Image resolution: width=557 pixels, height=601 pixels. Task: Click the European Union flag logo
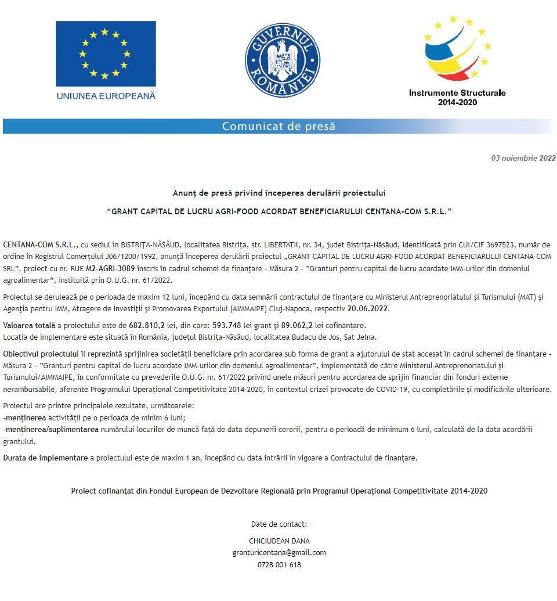106,53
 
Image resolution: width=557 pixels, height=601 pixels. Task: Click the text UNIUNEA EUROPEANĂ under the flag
106,96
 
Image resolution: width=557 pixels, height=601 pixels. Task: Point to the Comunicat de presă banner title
278,126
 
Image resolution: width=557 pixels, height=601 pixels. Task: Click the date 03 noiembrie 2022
523,158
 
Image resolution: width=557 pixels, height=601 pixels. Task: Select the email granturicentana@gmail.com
279,553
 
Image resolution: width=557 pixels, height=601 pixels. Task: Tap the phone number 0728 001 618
279,564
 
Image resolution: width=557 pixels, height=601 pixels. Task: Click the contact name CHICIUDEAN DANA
279,541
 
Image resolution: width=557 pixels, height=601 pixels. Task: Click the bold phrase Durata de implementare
45,458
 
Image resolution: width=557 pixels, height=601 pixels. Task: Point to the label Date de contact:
279,524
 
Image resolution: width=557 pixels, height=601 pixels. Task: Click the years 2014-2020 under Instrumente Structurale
457,102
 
